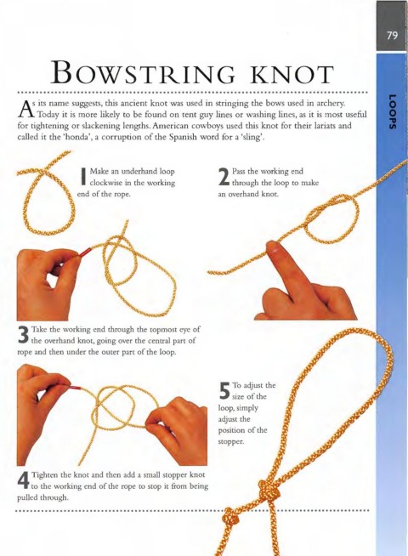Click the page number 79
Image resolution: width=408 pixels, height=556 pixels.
[x=393, y=35]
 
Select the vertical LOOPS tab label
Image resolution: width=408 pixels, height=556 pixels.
[x=392, y=112]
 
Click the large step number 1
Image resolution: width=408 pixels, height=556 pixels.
[x=83, y=176]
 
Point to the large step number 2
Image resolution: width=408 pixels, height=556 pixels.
[x=224, y=177]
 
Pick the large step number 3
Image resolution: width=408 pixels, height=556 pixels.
[x=23, y=335]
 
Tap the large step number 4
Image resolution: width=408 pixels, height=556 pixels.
[x=24, y=480]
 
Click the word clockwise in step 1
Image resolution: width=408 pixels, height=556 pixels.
[x=107, y=183]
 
